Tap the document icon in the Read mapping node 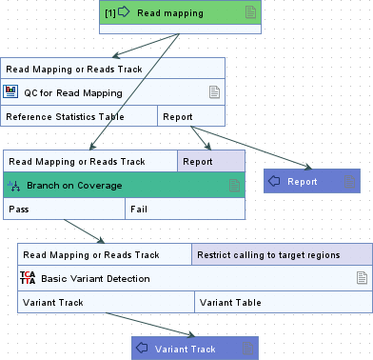pyautogui.click(x=250, y=12)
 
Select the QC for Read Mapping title pyautogui.click(x=73, y=92)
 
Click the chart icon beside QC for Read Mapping pyautogui.click(x=12, y=92)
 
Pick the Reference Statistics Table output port pyautogui.click(x=79, y=115)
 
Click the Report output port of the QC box pyautogui.click(x=190, y=115)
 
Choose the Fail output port pyautogui.click(x=185, y=208)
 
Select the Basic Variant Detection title pyautogui.click(x=95, y=278)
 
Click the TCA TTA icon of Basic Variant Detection pyautogui.click(x=28, y=278)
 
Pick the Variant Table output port pyautogui.click(x=283, y=302)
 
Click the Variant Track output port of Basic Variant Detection pyautogui.click(x=106, y=302)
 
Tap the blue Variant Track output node pyautogui.click(x=194, y=349)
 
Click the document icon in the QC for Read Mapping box pyautogui.click(x=214, y=92)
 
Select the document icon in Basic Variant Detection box pyautogui.click(x=361, y=278)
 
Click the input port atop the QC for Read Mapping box pyautogui.click(x=112, y=69)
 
